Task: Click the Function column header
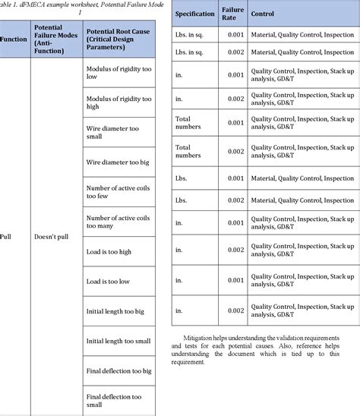(14, 38)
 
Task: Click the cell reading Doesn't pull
(52, 236)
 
